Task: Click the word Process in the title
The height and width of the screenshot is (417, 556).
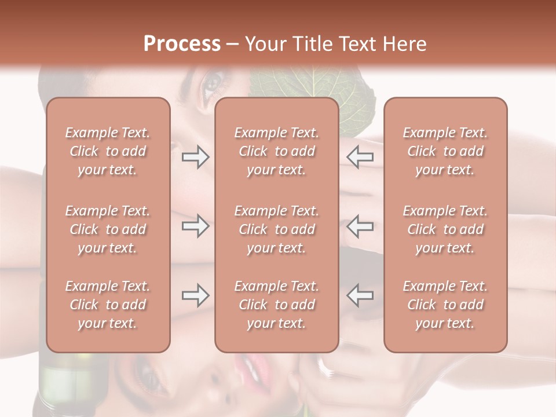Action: [182, 44]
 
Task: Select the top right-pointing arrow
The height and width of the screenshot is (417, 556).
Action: [195, 156]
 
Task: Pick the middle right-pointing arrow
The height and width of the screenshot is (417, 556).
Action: [195, 226]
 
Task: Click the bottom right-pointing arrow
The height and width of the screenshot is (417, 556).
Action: [195, 295]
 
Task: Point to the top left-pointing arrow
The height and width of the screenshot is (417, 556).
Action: [360, 156]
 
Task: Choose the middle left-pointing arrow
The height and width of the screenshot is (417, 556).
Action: [360, 226]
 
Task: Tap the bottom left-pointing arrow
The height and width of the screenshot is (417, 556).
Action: [360, 295]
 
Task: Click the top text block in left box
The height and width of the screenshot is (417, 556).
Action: [108, 151]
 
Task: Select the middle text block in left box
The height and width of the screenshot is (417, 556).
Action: [108, 229]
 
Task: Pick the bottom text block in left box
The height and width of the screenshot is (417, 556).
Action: [108, 305]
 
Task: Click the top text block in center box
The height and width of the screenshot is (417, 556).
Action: [277, 151]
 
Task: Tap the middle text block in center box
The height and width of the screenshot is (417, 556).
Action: [277, 229]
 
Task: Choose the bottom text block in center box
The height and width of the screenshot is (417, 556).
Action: [277, 305]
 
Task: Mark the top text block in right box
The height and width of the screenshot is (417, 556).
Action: [445, 151]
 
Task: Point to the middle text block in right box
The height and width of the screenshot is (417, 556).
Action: [445, 229]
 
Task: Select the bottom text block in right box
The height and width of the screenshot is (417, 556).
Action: [445, 305]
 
